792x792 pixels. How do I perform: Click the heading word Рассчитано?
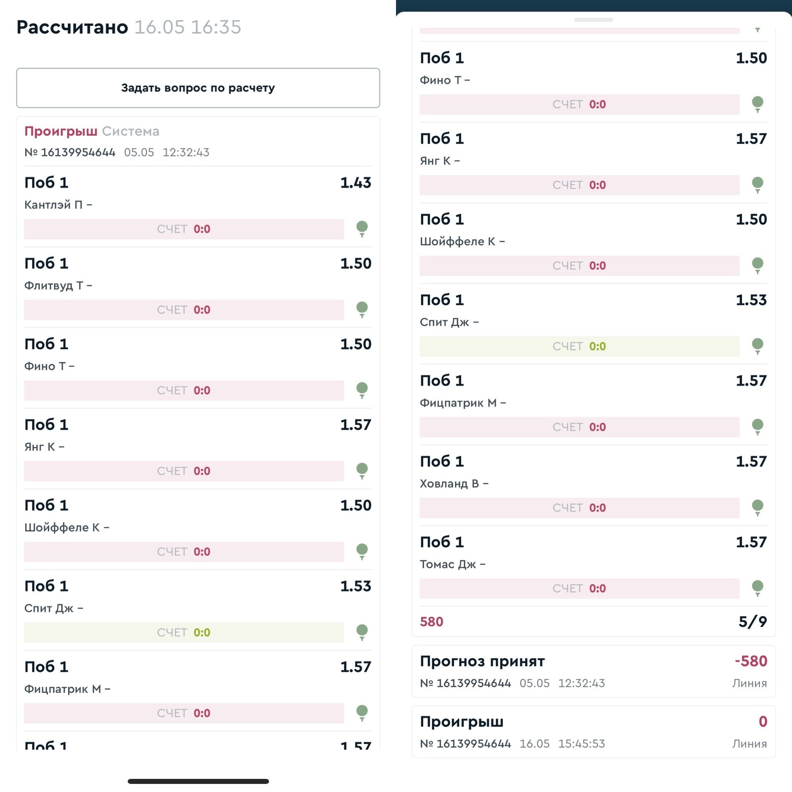tap(72, 27)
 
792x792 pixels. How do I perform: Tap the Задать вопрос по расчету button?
tap(198, 88)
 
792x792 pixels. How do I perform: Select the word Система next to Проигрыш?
tap(130, 131)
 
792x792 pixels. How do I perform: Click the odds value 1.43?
tap(355, 183)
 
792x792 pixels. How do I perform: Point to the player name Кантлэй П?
tap(53, 205)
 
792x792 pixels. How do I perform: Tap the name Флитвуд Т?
tap(54, 285)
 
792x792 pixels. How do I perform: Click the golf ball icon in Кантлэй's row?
tap(362, 228)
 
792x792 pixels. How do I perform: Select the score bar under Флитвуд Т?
tap(184, 309)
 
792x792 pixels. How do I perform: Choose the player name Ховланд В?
tap(449, 484)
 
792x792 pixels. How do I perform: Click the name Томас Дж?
tap(448, 565)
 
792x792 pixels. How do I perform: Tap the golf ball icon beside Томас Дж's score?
tap(757, 587)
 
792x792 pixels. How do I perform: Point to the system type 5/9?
tap(752, 622)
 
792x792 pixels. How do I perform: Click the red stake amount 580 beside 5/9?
tap(431, 622)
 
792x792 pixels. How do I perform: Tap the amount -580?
tap(751, 661)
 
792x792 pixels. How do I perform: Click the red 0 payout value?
tap(763, 722)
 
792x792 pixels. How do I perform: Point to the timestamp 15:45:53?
tap(581, 744)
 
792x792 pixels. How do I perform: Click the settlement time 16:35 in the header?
tap(216, 27)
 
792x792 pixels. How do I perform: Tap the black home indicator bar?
tap(198, 781)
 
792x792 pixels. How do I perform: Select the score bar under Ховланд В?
tap(579, 507)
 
